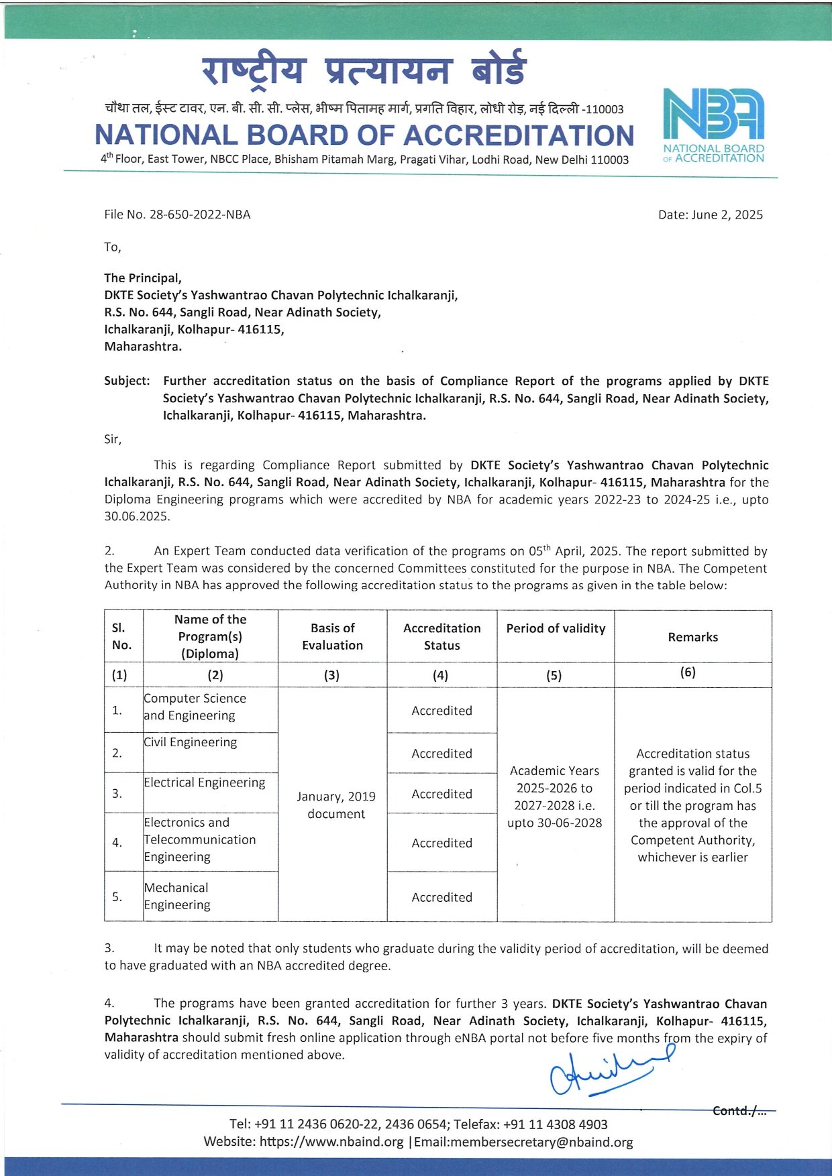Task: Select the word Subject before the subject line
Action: [127, 381]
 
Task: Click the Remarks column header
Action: [692, 637]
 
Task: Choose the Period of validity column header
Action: [556, 628]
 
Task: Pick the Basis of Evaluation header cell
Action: [332, 636]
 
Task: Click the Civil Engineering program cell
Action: [191, 742]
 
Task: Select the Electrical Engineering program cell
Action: [205, 782]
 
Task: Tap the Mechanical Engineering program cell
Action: [177, 896]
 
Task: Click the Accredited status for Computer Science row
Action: [441, 711]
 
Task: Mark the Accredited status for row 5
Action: [441, 897]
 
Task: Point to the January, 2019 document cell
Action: [335, 805]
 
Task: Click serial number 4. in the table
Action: [117, 843]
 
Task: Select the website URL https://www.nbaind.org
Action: [331, 1142]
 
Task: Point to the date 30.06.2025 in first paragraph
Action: [137, 516]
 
